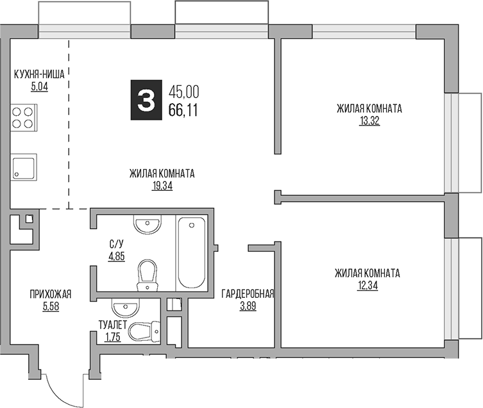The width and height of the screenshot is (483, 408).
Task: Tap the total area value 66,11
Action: tap(183, 110)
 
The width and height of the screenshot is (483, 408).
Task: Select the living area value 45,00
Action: tap(183, 92)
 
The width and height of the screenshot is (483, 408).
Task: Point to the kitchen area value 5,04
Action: tap(39, 86)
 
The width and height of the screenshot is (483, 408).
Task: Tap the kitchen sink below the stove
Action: tap(24, 166)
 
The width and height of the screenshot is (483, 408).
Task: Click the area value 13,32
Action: tap(369, 120)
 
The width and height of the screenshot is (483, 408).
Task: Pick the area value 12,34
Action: tap(367, 285)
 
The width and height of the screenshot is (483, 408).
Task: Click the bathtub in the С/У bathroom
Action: tap(191, 252)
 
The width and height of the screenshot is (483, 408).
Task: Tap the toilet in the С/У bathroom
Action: tap(148, 275)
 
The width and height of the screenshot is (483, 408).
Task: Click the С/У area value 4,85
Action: tap(117, 255)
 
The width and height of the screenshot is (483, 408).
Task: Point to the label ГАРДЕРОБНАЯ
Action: tap(248, 294)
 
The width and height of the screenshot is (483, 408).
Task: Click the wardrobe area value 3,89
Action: tap(248, 306)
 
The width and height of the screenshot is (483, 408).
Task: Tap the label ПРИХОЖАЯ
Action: tap(50, 294)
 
